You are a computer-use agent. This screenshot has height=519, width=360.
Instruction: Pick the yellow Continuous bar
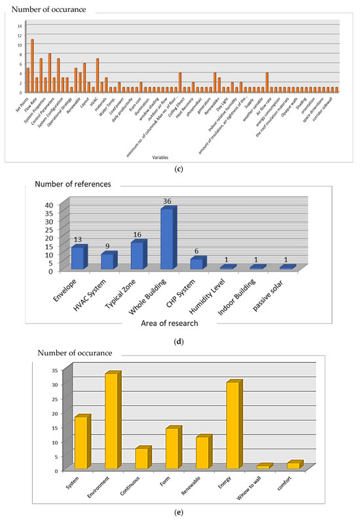tap(141, 458)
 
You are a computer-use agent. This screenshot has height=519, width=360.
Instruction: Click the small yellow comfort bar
tap(293, 465)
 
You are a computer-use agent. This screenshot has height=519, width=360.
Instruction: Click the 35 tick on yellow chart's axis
tap(57, 370)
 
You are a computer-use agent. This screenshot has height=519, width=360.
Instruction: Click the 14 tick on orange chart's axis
tap(20, 26)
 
